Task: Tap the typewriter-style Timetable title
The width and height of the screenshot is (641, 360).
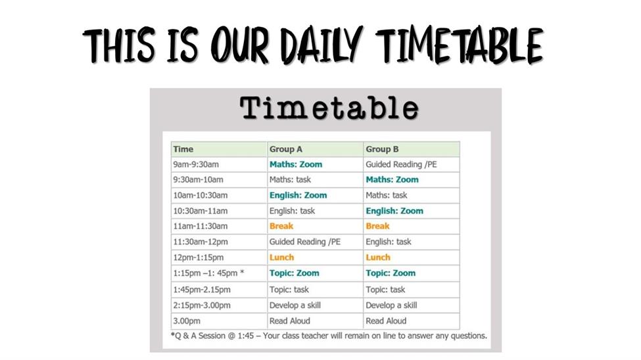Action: tap(329, 108)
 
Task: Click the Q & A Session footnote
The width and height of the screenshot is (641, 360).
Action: tap(329, 336)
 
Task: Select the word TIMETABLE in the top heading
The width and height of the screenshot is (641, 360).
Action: tap(460, 45)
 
